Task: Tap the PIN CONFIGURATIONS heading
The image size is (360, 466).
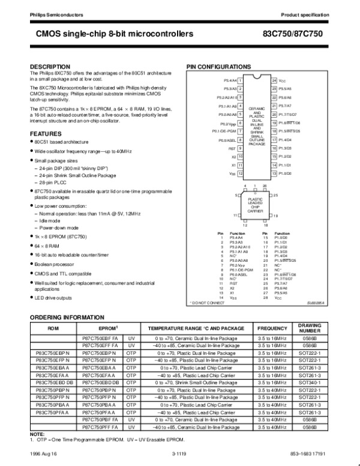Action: (x=218, y=66)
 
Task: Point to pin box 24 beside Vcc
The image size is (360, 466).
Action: (x=274, y=80)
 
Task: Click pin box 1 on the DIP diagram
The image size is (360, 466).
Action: (x=240, y=80)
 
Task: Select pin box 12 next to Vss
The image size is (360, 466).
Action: (x=240, y=174)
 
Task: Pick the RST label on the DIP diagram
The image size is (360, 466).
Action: (x=232, y=148)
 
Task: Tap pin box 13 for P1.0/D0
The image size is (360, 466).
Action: (x=274, y=174)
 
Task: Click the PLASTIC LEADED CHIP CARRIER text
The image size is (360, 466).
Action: (x=256, y=205)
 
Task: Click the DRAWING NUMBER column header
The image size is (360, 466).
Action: (x=310, y=328)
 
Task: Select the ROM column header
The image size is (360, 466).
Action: (x=53, y=329)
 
